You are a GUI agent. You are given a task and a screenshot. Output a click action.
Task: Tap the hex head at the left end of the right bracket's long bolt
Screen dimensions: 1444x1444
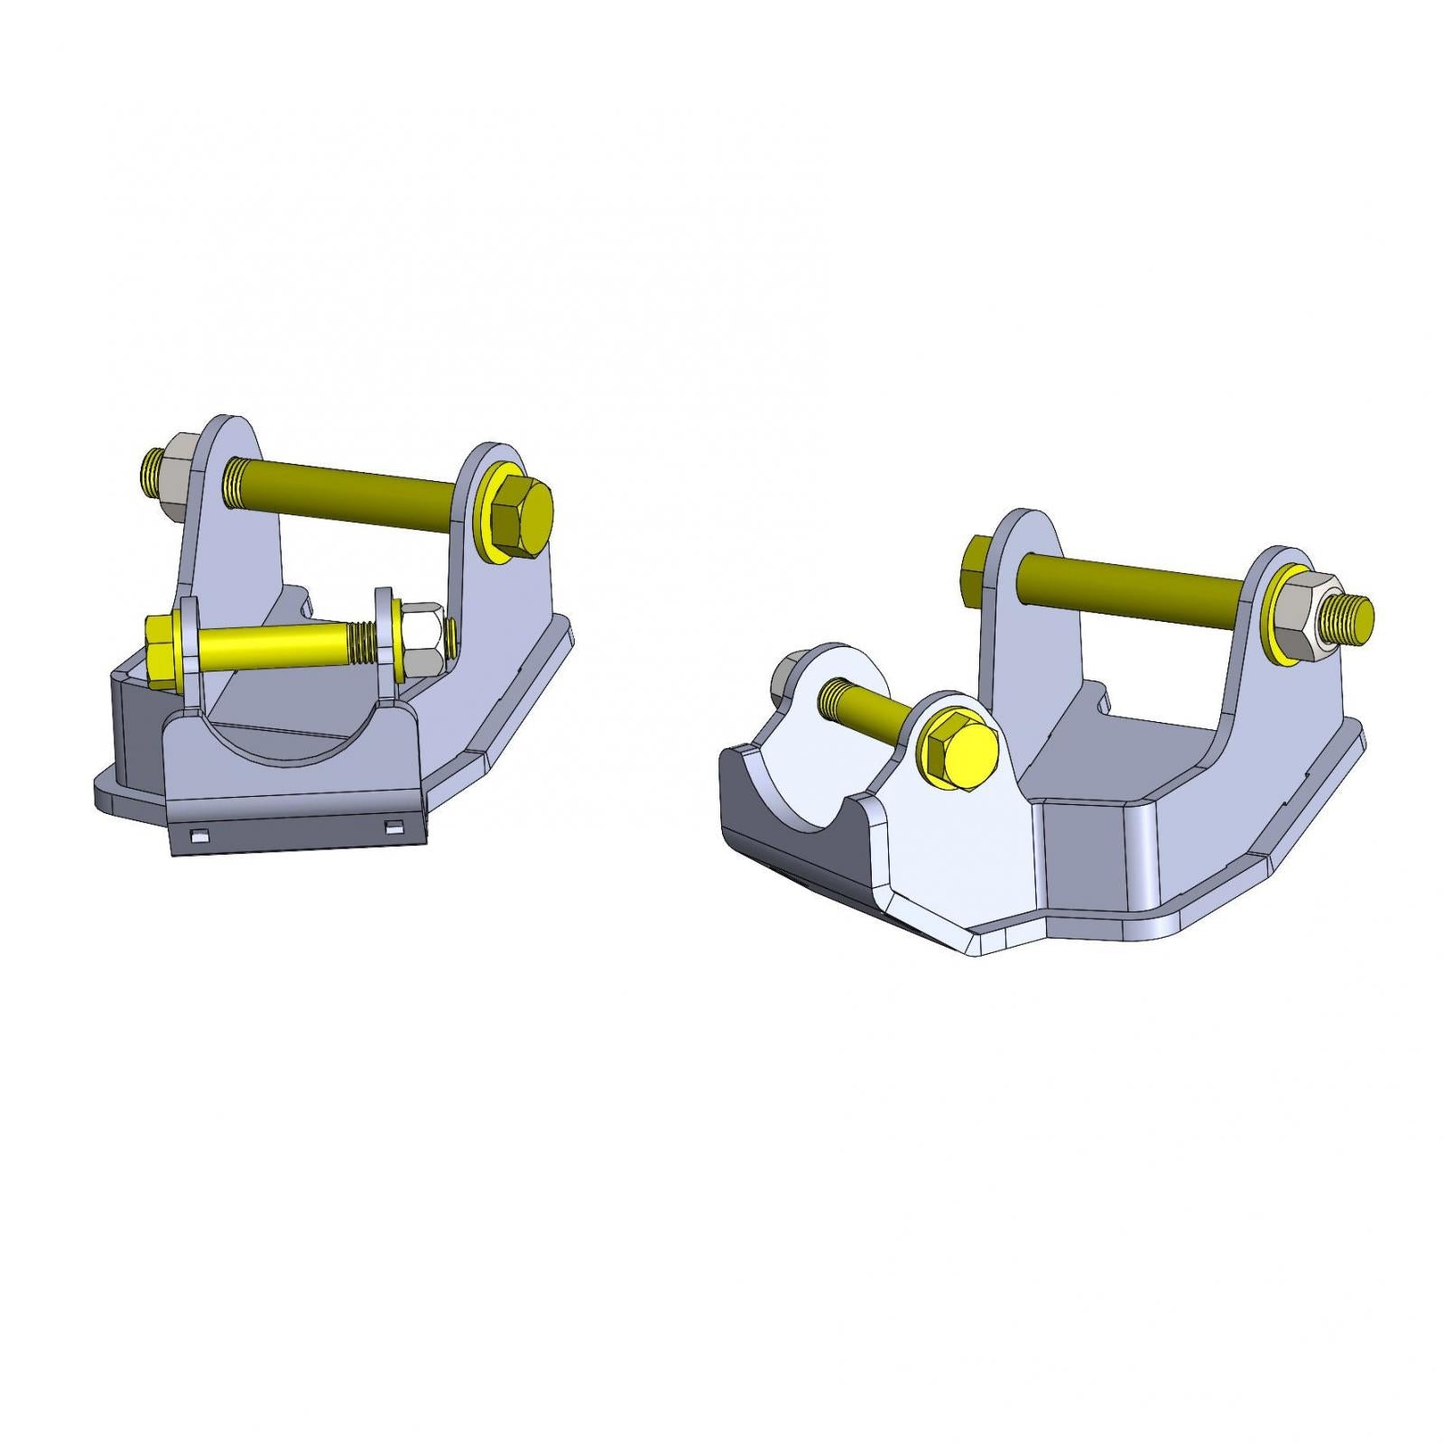tap(977, 561)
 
